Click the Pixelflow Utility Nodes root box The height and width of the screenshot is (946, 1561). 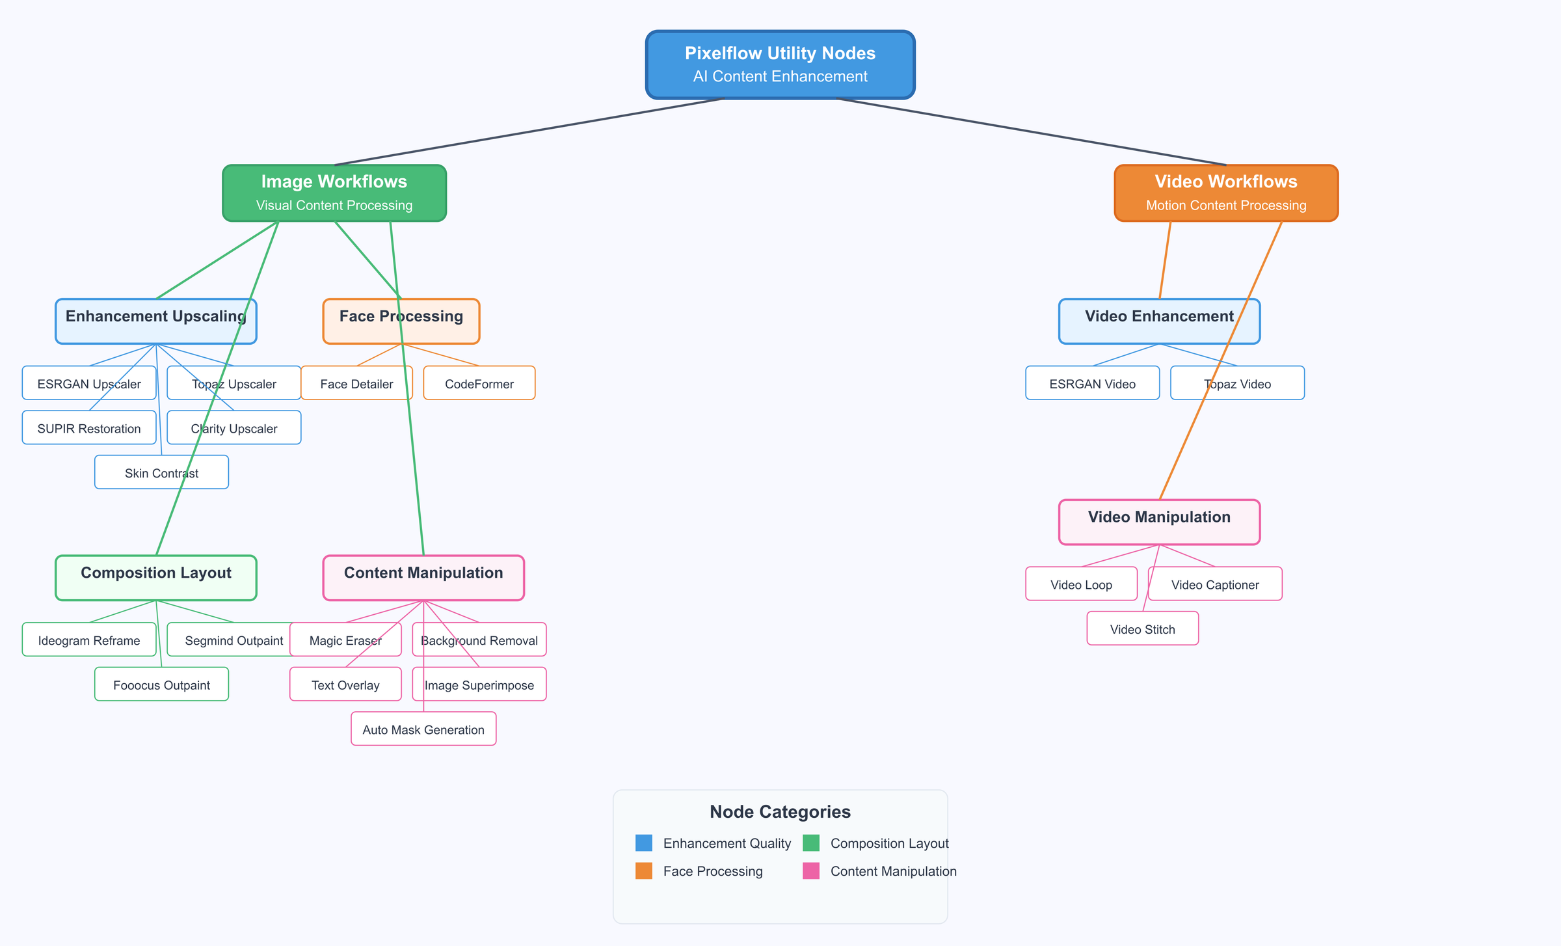[x=780, y=64]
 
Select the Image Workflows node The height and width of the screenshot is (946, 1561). [x=334, y=193]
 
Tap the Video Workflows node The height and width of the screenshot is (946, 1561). [x=1226, y=193]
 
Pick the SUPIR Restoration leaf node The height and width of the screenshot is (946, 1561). [x=89, y=428]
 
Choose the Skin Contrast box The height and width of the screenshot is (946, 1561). [x=130, y=472]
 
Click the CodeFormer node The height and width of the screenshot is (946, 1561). [x=479, y=383]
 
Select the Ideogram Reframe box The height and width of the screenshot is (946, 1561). [x=89, y=640]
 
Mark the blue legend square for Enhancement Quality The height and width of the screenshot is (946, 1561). [x=643, y=843]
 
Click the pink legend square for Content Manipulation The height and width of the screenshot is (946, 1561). [x=810, y=871]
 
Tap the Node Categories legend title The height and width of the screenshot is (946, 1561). [x=780, y=811]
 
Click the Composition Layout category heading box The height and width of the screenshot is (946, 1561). [x=156, y=578]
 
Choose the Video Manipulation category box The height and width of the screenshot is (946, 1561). [x=1159, y=522]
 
